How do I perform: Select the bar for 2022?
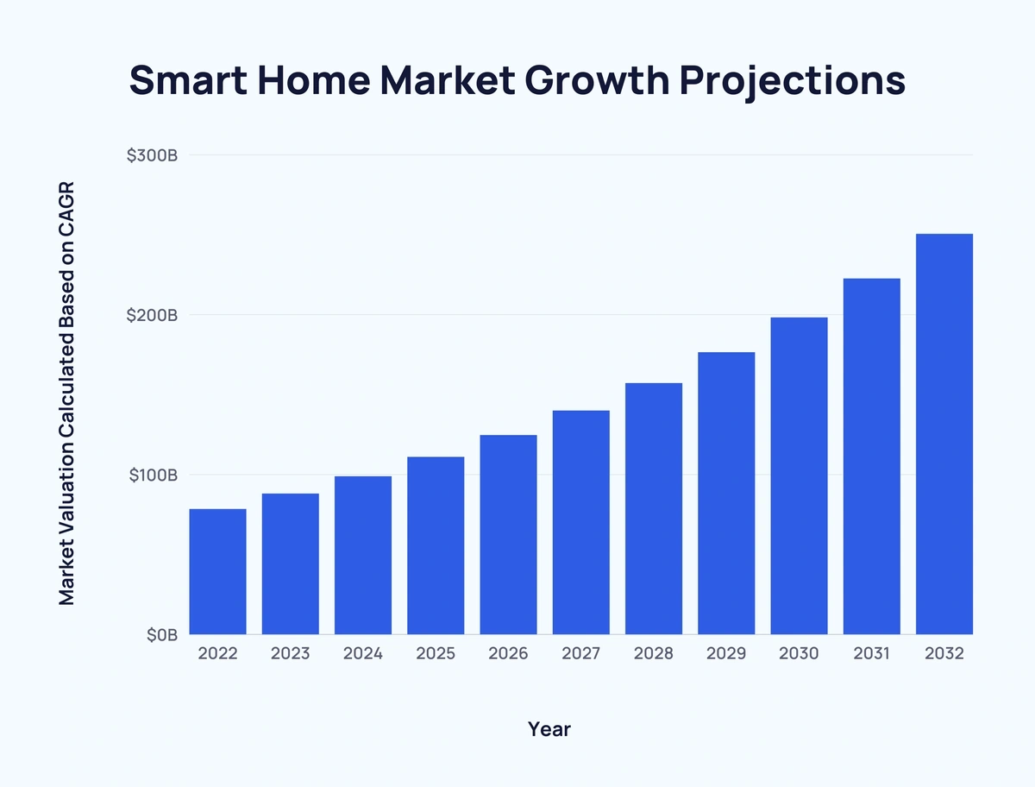(217, 571)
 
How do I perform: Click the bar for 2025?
(436, 545)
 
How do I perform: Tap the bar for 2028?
(654, 508)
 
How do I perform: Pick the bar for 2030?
(799, 475)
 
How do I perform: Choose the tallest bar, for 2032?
(944, 434)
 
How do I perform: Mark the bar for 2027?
(580, 522)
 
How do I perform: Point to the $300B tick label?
(152, 156)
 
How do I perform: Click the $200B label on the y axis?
(152, 316)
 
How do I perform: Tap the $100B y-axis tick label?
(153, 475)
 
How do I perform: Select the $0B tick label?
(161, 635)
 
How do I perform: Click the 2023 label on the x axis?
(290, 654)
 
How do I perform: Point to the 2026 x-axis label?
(508, 654)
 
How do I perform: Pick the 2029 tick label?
(726, 654)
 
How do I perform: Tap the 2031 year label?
(871, 654)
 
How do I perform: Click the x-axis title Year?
(549, 729)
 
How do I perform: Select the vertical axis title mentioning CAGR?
(67, 393)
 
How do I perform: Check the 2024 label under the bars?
(363, 654)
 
